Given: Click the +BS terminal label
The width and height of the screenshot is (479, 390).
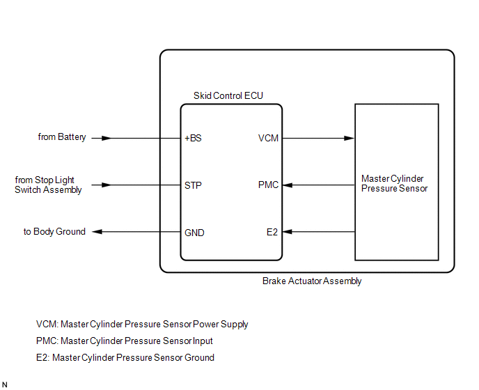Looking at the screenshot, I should coord(193,138).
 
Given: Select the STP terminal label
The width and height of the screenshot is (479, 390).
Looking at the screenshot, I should coord(193,185).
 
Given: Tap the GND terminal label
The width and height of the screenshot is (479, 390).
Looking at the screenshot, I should coord(194,233).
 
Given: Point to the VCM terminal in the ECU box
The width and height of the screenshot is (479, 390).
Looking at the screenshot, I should coord(268,138).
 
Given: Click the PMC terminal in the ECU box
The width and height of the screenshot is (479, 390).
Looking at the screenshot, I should coord(268,185).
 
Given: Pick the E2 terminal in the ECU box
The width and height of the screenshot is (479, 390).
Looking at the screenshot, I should coord(272,233).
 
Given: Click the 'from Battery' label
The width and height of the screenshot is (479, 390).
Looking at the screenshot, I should coord(62,137).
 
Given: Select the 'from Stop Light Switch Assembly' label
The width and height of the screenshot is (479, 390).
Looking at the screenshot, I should coord(48,185).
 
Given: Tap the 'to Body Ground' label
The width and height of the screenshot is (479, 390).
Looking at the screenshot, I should coord(54,232).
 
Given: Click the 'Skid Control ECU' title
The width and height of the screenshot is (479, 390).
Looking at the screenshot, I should coord(228,95).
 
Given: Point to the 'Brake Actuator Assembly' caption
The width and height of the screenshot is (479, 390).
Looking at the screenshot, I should coord(312,281).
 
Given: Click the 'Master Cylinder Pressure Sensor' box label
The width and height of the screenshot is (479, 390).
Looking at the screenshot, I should coord(394,184).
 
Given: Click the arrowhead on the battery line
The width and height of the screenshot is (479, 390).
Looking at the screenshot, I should coord(105,138).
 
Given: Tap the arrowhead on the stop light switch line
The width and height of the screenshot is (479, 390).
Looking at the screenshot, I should coord(105,185).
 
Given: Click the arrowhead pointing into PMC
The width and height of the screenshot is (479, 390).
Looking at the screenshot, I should coord(288,185).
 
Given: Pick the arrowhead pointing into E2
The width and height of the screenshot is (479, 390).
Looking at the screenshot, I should coord(288,232).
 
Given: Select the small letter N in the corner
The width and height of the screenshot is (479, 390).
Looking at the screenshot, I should coord(5,384).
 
